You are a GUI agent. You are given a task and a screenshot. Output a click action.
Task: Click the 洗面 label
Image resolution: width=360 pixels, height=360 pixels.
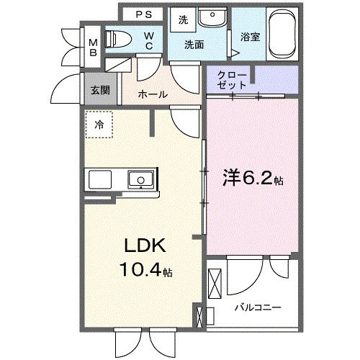[193, 45]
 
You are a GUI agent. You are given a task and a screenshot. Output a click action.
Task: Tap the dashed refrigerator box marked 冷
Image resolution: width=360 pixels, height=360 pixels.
[98, 124]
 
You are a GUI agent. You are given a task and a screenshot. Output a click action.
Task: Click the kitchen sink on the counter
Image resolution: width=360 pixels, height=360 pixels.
[138, 179]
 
